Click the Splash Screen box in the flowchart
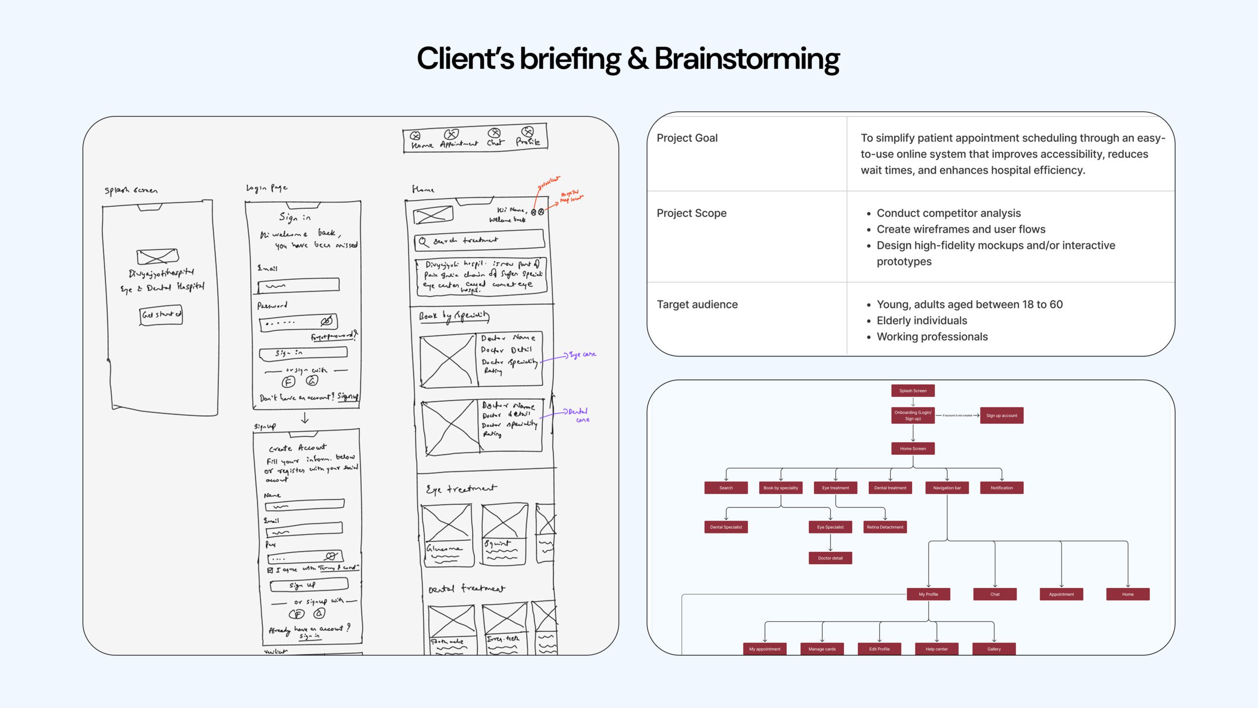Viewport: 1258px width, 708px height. tap(913, 391)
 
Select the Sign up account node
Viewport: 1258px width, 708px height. tap(1001, 415)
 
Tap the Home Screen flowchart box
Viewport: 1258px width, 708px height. tap(913, 448)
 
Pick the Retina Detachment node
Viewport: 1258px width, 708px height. tap(885, 527)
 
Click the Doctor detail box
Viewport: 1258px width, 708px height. tap(830, 558)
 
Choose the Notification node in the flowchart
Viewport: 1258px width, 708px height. tap(1001, 488)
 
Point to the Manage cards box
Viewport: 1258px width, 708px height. tap(822, 649)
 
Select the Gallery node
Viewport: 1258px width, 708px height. tap(994, 649)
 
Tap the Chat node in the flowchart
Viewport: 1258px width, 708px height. tap(995, 594)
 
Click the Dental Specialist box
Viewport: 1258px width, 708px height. tap(726, 527)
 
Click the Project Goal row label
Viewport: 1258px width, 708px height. tap(687, 138)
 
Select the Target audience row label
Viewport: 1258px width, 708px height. tap(697, 305)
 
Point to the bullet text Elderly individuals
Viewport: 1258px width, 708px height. tap(921, 321)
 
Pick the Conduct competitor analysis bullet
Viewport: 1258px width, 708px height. tap(948, 213)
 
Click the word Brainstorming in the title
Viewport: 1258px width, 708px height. tap(747, 59)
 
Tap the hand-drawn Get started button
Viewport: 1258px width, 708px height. tap(161, 315)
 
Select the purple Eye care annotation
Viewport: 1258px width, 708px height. tap(582, 354)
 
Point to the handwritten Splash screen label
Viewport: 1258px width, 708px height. tap(131, 190)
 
